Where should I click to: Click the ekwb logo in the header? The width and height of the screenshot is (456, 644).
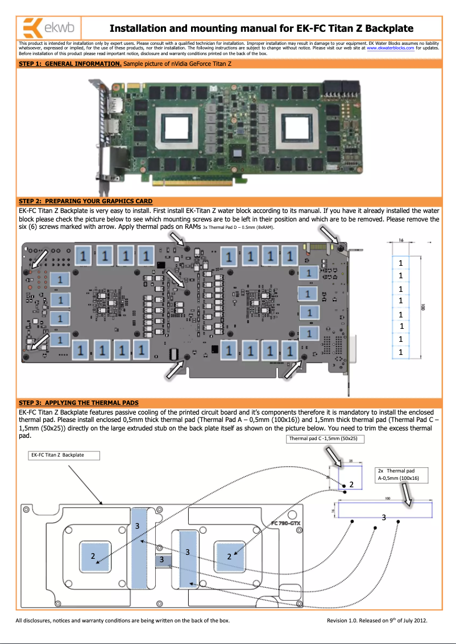pyautogui.click(x=49, y=28)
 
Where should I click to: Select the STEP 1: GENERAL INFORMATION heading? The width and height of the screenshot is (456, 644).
pyautogui.click(x=70, y=64)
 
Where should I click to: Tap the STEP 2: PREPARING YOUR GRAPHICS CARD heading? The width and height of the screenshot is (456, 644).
pyautogui.click(x=85, y=201)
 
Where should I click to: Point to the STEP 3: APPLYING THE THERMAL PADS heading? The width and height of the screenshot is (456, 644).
pyautogui.click(x=78, y=403)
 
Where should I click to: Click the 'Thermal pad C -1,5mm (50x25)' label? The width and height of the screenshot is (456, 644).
pyautogui.click(x=325, y=439)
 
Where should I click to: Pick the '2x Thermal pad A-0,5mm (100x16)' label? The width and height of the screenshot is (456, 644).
pyautogui.click(x=401, y=475)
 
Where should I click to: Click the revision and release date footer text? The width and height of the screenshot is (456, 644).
pyautogui.click(x=376, y=620)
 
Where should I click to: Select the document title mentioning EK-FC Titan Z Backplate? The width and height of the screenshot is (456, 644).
pyautogui.click(x=261, y=28)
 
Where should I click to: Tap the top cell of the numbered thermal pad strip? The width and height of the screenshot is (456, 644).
pyautogui.click(x=401, y=263)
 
